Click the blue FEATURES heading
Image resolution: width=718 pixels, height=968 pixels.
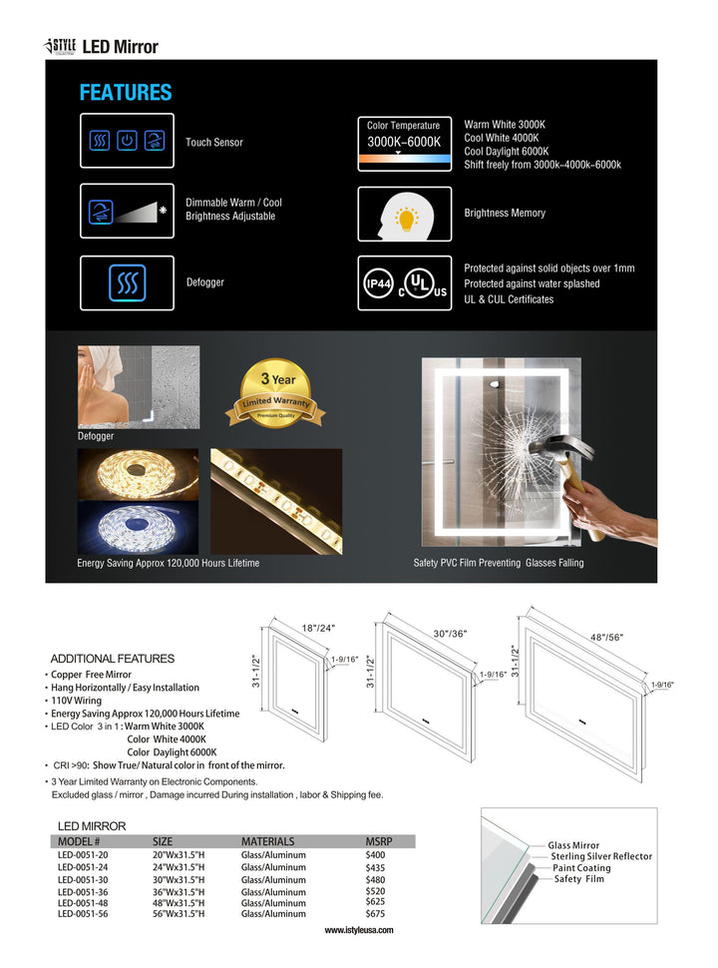(x=126, y=93)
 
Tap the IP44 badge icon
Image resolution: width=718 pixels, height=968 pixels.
(x=379, y=284)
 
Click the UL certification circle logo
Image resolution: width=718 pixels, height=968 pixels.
(x=424, y=283)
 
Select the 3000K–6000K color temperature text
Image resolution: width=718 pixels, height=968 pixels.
(x=404, y=142)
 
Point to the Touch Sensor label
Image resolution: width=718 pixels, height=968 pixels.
(x=214, y=143)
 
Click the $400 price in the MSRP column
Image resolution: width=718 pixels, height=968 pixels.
(x=375, y=855)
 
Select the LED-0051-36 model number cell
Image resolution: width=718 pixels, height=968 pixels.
(x=83, y=891)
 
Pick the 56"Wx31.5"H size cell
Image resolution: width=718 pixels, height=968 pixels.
(x=179, y=913)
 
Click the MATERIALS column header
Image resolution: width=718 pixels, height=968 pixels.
(x=267, y=841)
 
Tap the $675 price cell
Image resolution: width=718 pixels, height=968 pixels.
(x=375, y=913)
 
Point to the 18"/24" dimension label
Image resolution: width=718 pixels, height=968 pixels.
(x=318, y=628)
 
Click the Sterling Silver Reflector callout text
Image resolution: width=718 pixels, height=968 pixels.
(x=601, y=856)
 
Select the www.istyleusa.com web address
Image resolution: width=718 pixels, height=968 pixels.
(x=359, y=930)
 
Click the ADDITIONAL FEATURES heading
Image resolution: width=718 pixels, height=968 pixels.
(x=112, y=659)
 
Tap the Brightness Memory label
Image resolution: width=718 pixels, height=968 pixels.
(x=505, y=214)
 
